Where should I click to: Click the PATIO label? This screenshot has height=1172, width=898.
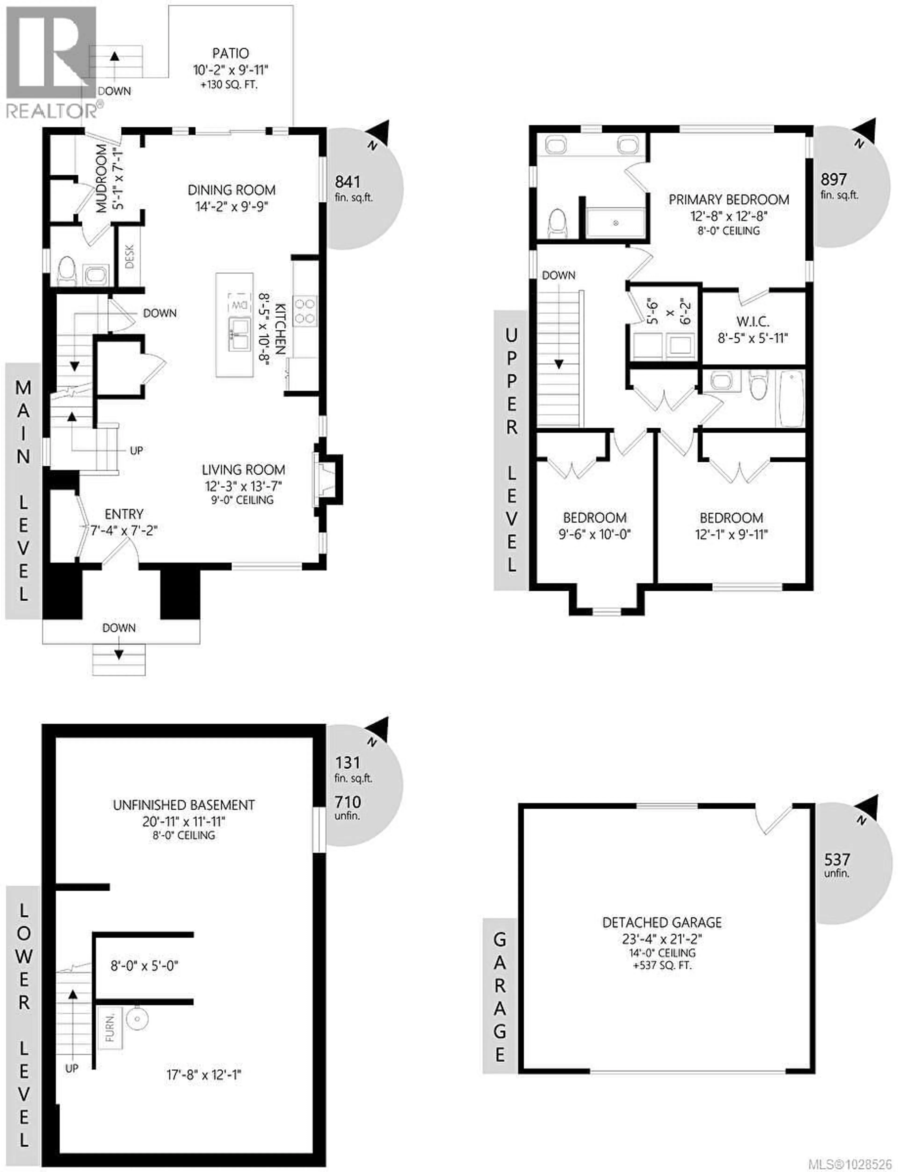[230, 54]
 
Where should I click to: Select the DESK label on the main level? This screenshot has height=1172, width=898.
[129, 256]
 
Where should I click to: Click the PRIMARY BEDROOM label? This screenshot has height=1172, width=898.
[728, 200]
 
